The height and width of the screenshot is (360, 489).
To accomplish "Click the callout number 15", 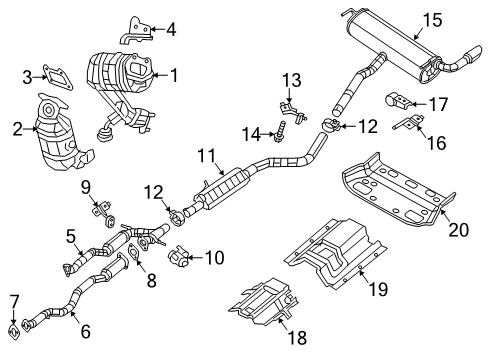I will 431,20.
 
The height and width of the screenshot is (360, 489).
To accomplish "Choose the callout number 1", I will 175,74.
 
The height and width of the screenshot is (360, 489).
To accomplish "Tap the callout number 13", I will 290,80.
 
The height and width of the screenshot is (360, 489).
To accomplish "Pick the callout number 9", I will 86,185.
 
